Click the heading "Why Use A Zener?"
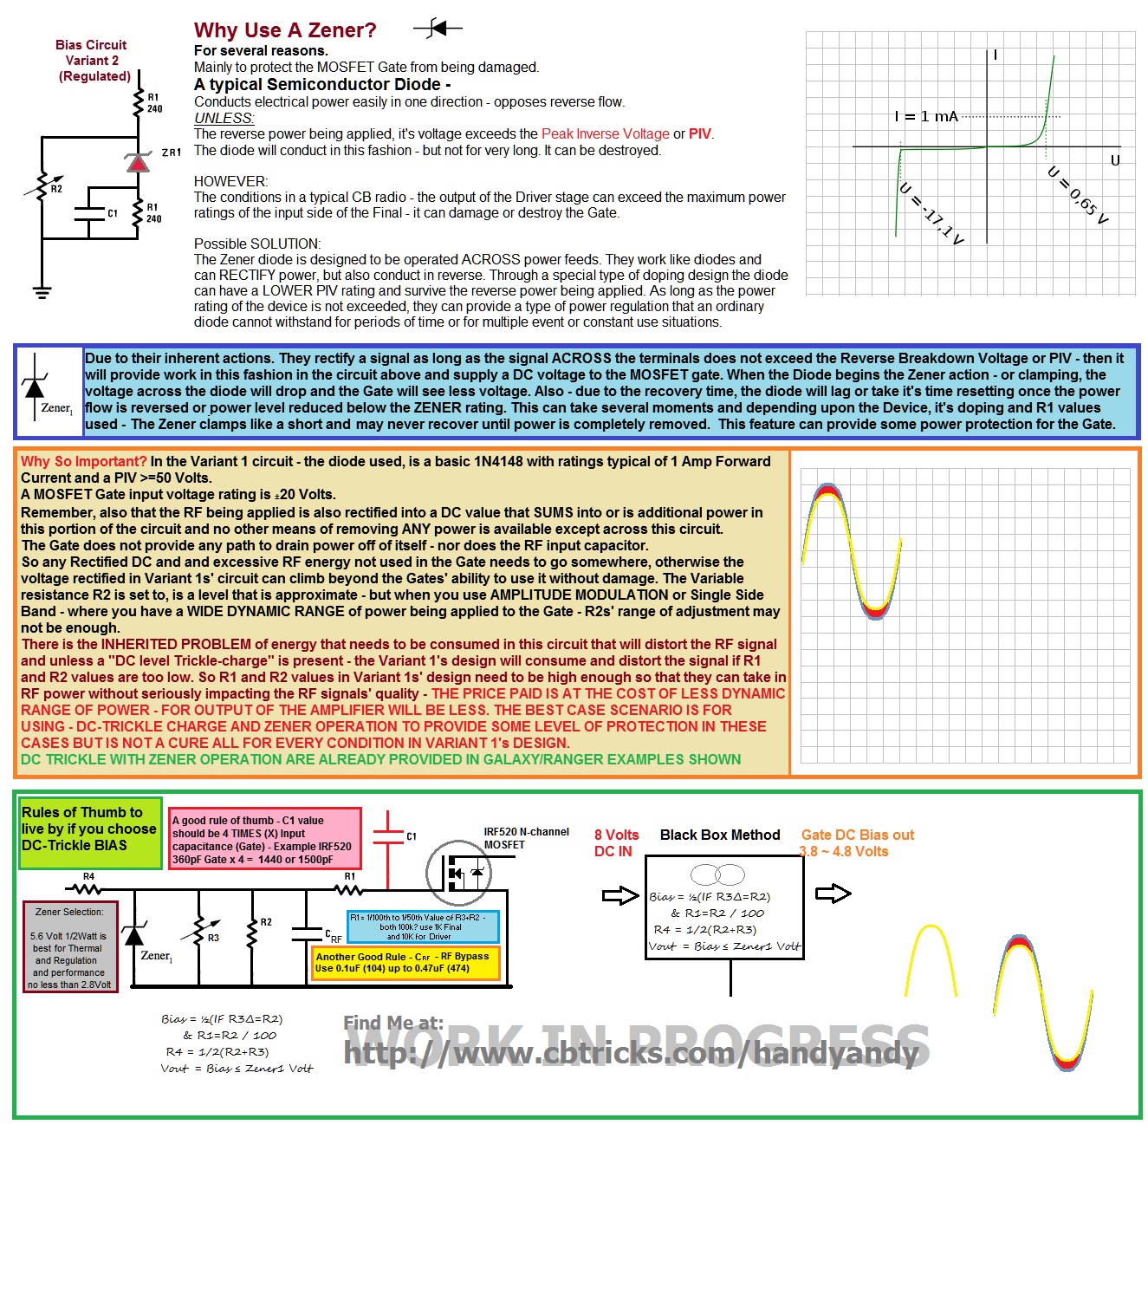tap(285, 30)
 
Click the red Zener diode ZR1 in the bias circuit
tap(138, 161)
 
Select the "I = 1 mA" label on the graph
tap(926, 116)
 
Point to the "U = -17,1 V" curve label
tap(931, 214)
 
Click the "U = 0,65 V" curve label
tap(1078, 196)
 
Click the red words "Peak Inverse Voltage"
tap(605, 133)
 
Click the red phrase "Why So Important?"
tap(84, 461)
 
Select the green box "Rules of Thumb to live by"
tap(90, 833)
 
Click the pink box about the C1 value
tap(264, 839)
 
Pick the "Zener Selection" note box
tap(69, 947)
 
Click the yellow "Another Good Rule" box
tap(405, 962)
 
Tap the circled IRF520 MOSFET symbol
tap(459, 872)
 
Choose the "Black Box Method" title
tap(719, 835)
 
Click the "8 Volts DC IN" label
tap(615, 842)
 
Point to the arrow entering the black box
tap(619, 895)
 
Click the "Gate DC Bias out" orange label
tap(857, 842)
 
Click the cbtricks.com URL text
tap(631, 1052)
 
